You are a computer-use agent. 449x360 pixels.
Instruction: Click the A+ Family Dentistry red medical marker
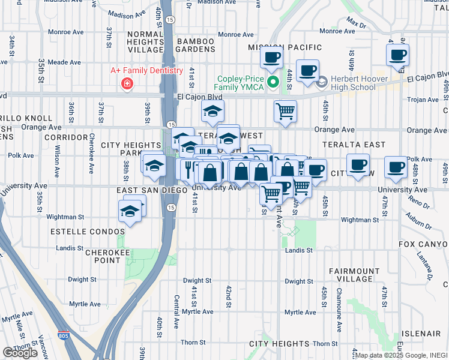click(x=127, y=83)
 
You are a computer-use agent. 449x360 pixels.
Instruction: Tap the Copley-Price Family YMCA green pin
click(x=273, y=83)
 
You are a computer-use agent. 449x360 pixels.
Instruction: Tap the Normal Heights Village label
click(x=145, y=46)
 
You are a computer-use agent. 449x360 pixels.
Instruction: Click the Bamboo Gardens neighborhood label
click(x=196, y=46)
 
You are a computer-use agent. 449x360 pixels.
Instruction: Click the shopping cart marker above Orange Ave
click(x=285, y=110)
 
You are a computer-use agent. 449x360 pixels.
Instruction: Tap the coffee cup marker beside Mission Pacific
click(x=271, y=58)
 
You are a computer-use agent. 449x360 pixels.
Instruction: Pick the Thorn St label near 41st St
click(x=193, y=342)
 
